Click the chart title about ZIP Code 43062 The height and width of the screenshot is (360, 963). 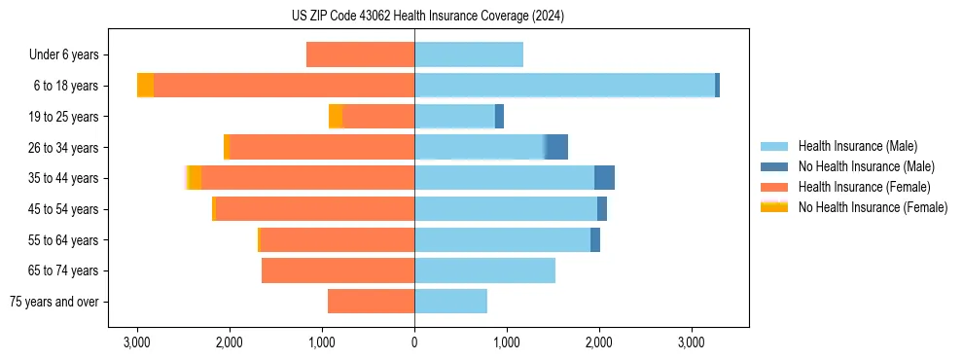427,17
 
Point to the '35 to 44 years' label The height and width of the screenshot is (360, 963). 64,178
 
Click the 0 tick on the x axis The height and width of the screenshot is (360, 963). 414,342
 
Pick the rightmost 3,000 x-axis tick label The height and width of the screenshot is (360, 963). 691,342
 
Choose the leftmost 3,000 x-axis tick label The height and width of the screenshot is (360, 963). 137,342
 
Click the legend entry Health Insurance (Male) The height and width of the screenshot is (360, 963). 857,146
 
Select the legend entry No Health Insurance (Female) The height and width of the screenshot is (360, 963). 873,207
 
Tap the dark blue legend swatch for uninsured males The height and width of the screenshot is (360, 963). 774,166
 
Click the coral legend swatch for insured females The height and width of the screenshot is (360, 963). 774,187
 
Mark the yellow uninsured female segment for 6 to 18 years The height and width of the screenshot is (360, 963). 145,86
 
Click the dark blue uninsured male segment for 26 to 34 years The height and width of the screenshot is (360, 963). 556,147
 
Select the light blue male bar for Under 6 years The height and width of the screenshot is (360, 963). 469,54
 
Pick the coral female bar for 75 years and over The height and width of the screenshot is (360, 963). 371,302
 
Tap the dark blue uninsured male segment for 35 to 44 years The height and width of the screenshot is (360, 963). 604,178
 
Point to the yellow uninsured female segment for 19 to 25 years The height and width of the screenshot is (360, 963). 336,117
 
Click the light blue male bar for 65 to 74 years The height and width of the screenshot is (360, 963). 484,270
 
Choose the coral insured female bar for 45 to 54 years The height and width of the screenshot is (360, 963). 314,209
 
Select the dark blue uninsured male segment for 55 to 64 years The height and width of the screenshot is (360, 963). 595,239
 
